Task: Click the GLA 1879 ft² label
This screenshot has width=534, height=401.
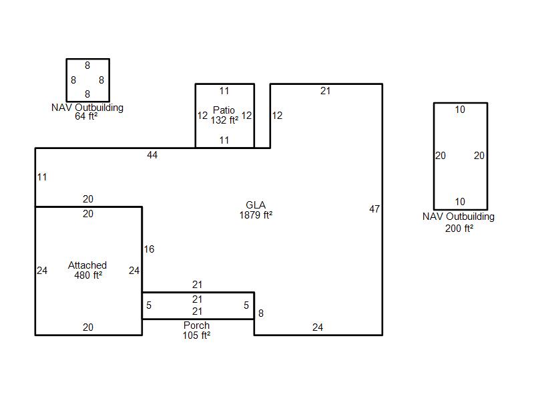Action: [256, 210]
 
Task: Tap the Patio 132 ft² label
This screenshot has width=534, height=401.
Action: [224, 115]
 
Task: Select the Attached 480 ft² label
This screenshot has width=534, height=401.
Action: [87, 270]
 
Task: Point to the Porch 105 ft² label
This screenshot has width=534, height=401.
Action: [196, 330]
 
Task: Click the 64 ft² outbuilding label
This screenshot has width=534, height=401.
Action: [87, 112]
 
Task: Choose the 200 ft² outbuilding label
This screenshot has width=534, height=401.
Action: [459, 222]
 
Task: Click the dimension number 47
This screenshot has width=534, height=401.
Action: [374, 209]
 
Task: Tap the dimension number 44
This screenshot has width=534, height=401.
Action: [152, 155]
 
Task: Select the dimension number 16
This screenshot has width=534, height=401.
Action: [149, 249]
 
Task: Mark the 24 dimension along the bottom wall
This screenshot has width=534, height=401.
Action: [318, 327]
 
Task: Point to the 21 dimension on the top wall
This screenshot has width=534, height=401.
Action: [325, 91]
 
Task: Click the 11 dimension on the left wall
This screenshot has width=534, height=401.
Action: [42, 177]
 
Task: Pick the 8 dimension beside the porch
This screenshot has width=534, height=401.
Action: [261, 313]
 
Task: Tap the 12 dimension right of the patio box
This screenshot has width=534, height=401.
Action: [277, 116]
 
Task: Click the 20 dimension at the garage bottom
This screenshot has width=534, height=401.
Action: [88, 327]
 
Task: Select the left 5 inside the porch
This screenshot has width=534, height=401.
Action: [149, 305]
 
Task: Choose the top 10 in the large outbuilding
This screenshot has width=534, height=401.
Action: [460, 110]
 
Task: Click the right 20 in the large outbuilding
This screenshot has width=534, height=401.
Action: [479, 156]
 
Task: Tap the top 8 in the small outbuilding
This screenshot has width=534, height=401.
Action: [87, 65]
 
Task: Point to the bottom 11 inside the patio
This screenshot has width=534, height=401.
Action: [224, 140]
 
